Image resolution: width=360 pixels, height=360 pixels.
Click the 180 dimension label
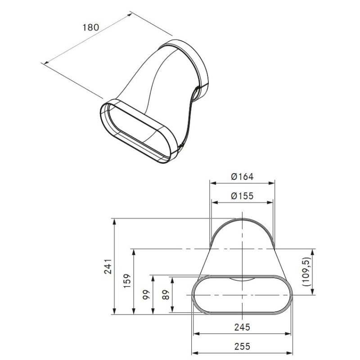91,27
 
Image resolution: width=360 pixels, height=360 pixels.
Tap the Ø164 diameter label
242,177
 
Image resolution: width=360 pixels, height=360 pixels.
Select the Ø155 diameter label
242,196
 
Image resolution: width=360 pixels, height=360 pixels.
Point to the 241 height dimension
108,266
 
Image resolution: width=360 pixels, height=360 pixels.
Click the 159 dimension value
127,281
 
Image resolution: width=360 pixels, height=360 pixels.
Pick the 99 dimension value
146,294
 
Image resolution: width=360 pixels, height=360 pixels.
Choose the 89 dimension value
166,295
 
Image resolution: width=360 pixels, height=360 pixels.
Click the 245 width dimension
242,327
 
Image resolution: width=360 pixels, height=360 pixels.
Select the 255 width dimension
242,346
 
